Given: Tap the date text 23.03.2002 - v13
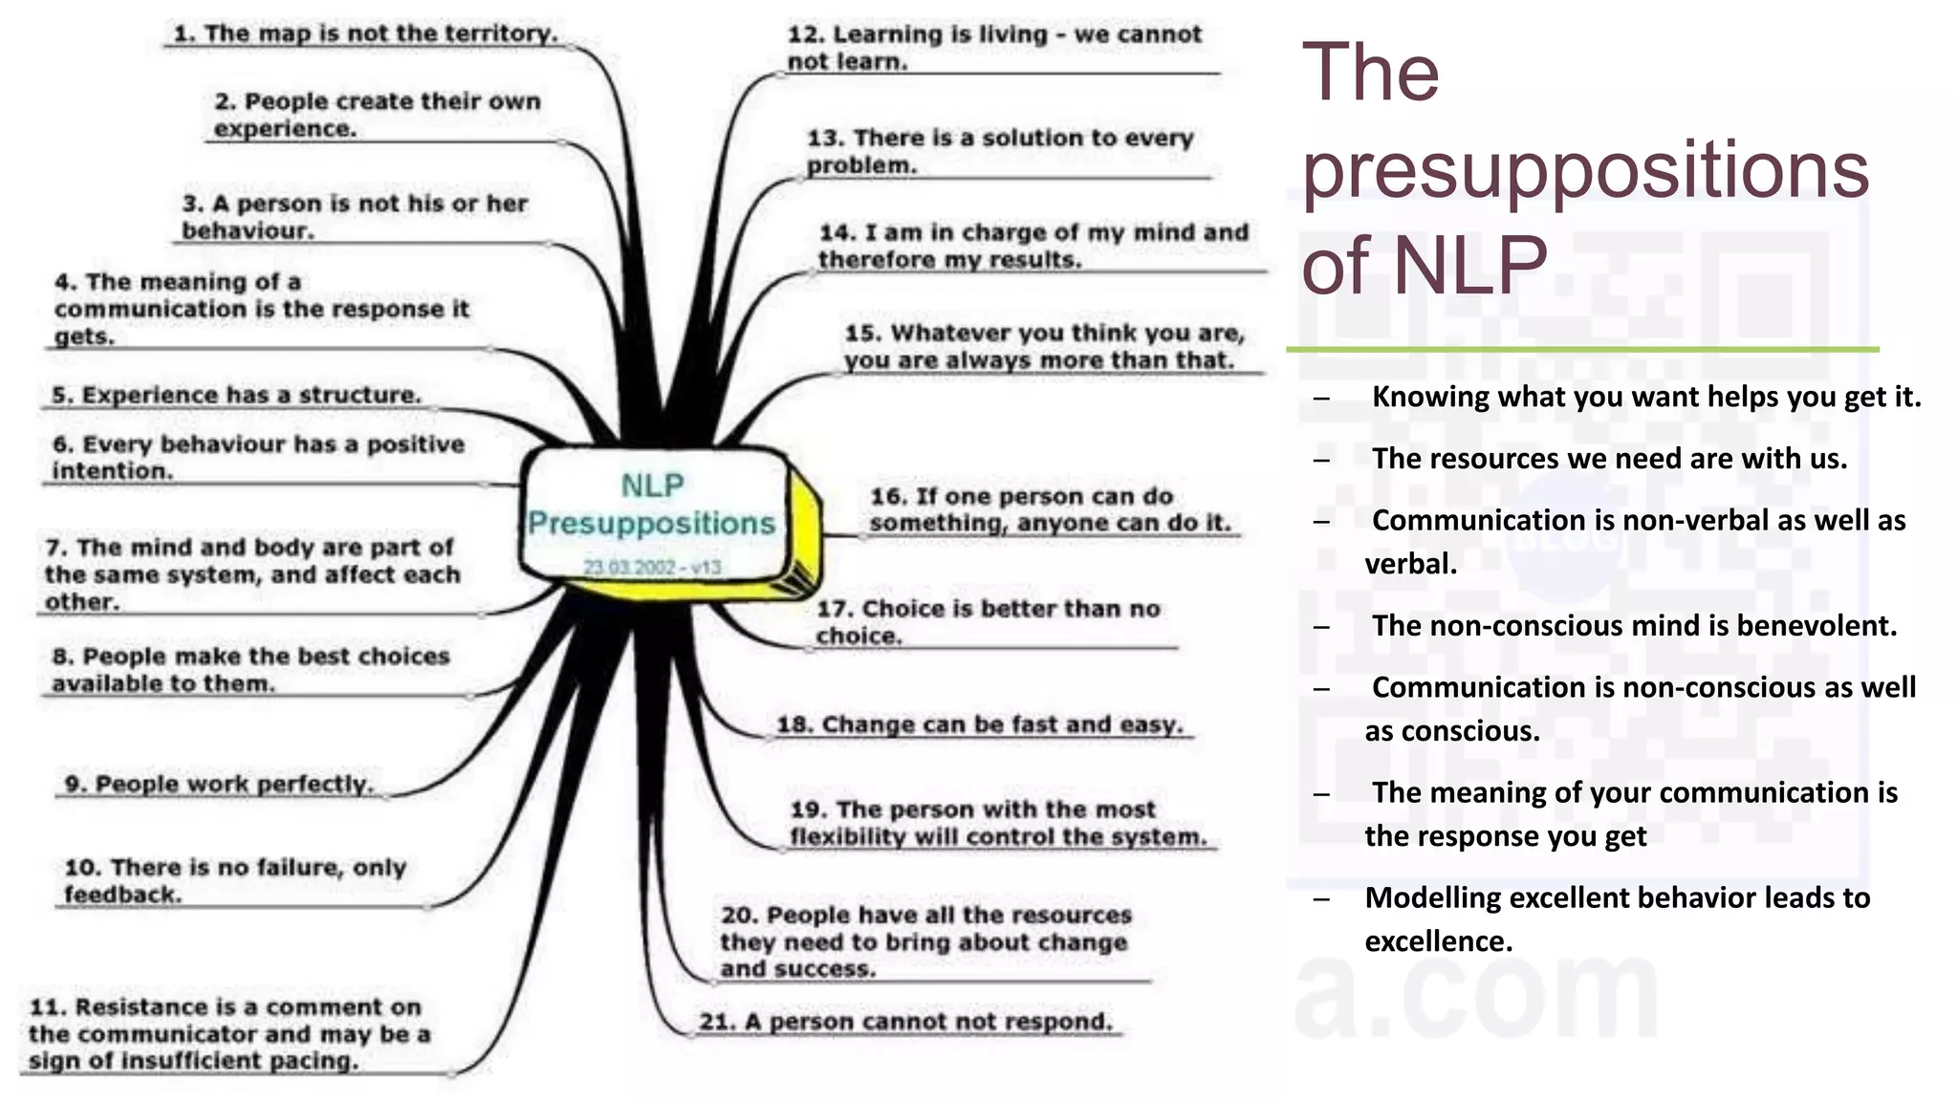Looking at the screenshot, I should coord(652,567).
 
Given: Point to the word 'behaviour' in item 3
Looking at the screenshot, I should coord(248,230).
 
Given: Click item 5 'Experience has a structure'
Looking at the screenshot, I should coord(236,395).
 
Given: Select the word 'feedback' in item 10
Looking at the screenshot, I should coord(122,895).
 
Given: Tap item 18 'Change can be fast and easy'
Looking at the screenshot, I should coord(980,724).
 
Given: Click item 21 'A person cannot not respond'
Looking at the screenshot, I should coord(905,1021).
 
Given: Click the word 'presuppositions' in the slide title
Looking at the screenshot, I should coord(1584,170).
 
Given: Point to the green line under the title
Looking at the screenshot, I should coord(1582,350).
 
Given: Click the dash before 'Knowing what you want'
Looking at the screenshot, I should coord(1321,398).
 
